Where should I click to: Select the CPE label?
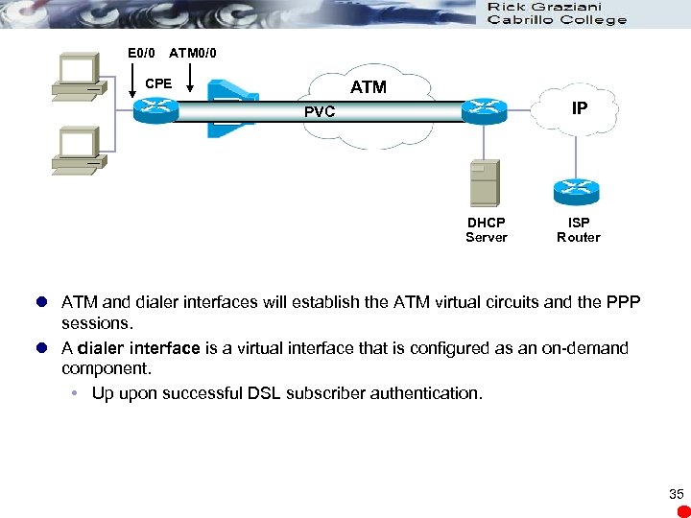[158, 83]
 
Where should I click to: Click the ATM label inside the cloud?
[369, 87]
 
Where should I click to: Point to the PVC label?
[320, 112]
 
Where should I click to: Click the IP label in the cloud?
[580, 108]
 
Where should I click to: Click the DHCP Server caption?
[486, 229]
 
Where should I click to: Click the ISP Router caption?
[579, 229]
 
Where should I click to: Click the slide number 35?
[677, 495]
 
